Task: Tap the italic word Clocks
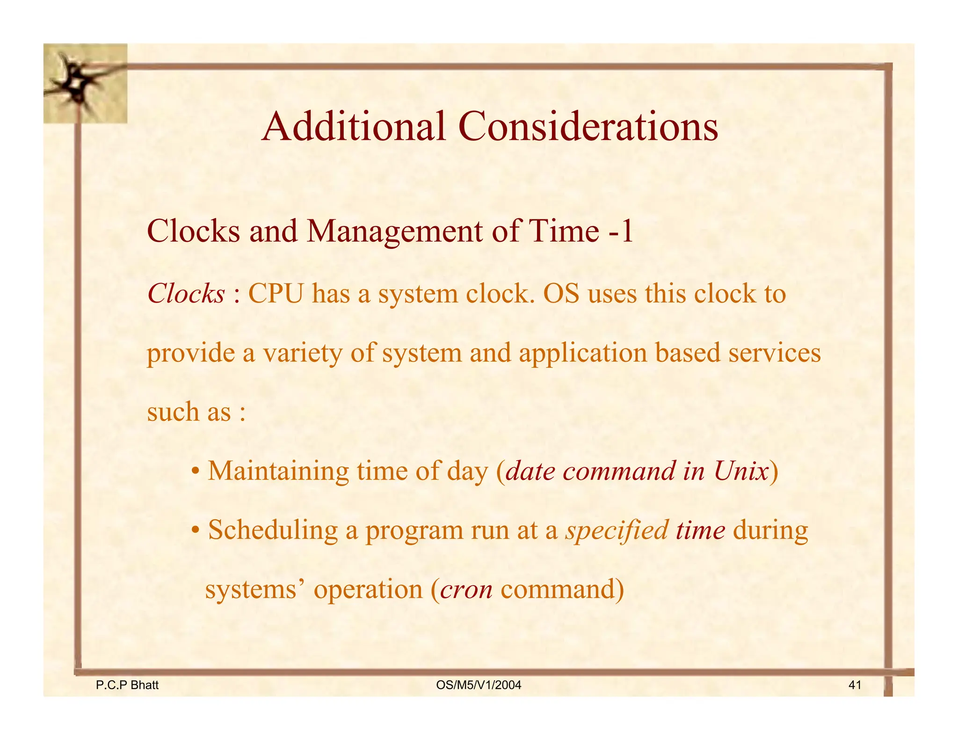186,294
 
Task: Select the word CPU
276,294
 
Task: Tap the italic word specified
617,531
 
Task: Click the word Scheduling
273,531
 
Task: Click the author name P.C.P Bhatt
127,685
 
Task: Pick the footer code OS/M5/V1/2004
478,685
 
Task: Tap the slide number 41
855,685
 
